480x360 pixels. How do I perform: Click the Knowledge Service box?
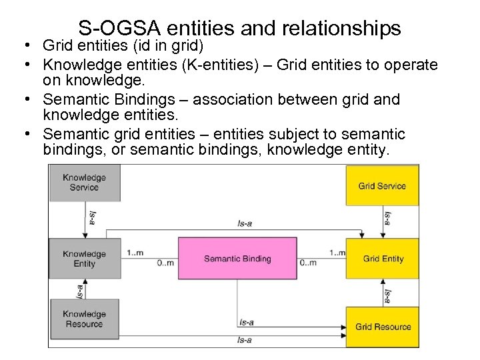tap(84, 183)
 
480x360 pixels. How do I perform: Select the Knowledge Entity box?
tap(84, 259)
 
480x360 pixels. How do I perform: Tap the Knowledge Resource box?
tap(84, 319)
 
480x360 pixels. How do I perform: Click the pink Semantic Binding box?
tap(237, 259)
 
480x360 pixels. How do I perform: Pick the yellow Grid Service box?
tap(382, 185)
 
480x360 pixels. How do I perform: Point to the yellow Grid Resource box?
tap(383, 327)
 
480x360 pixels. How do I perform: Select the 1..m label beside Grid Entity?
tap(337, 253)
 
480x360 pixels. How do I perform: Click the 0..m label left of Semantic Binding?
tap(165, 263)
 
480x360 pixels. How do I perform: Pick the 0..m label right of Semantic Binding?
tap(307, 263)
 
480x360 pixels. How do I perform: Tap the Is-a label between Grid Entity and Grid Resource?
tap(388, 296)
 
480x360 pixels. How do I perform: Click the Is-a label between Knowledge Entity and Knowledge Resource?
tap(81, 291)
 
